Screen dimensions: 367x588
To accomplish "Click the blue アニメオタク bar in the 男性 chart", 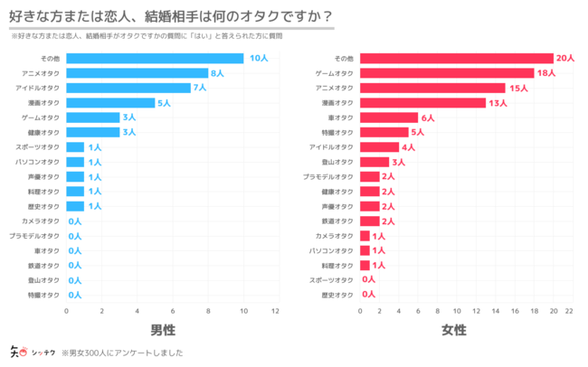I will pos(138,73).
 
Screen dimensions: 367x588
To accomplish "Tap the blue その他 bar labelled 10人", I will pos(155,59).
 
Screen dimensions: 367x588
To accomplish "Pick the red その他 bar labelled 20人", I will pos(457,59).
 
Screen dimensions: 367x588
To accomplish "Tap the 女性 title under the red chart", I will pos(456,330).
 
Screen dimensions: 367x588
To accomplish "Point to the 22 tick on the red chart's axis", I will pos(569,311).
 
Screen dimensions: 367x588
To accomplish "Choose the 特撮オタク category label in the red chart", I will pos(339,132).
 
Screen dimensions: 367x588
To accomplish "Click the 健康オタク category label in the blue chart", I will pos(44,132).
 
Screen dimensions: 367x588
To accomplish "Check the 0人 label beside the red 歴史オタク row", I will pos(368,295).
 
